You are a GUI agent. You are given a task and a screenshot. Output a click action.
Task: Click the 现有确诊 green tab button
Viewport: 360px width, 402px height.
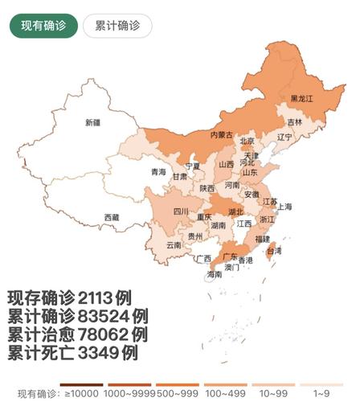43,26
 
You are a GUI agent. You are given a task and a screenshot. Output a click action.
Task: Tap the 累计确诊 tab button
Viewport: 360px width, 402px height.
117,26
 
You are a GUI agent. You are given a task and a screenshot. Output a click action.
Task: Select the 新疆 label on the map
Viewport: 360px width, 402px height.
96,123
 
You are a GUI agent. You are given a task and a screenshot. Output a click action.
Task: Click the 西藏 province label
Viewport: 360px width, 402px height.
112,217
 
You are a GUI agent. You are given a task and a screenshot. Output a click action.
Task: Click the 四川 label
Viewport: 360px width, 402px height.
182,211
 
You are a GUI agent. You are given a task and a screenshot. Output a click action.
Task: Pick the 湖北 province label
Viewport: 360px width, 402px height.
236,212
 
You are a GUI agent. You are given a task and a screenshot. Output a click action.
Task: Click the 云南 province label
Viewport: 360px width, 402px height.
174,244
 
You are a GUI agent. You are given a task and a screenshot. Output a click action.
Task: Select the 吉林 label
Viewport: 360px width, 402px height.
295,122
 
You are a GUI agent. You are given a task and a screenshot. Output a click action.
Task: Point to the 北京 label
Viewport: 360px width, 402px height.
247,142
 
